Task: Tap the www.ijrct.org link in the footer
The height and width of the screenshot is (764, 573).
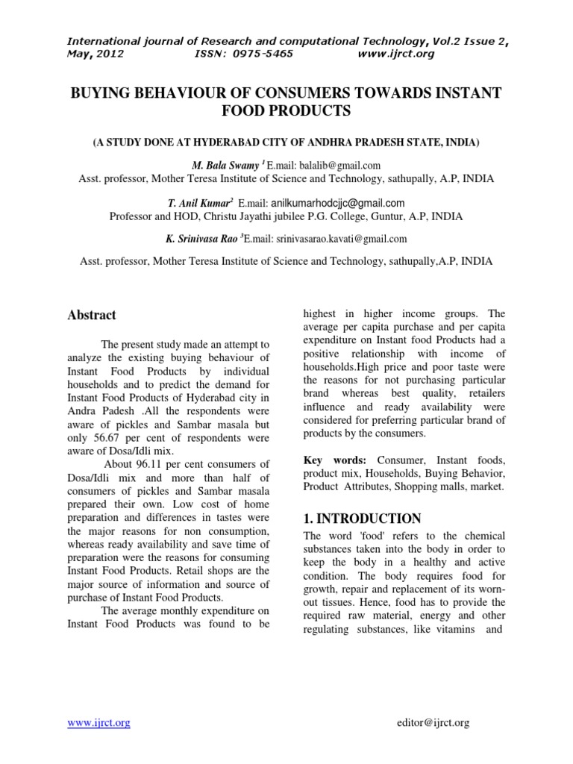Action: [98, 722]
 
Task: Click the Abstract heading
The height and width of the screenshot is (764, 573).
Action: [92, 315]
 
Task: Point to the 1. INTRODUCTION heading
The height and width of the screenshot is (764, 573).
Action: [362, 519]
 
